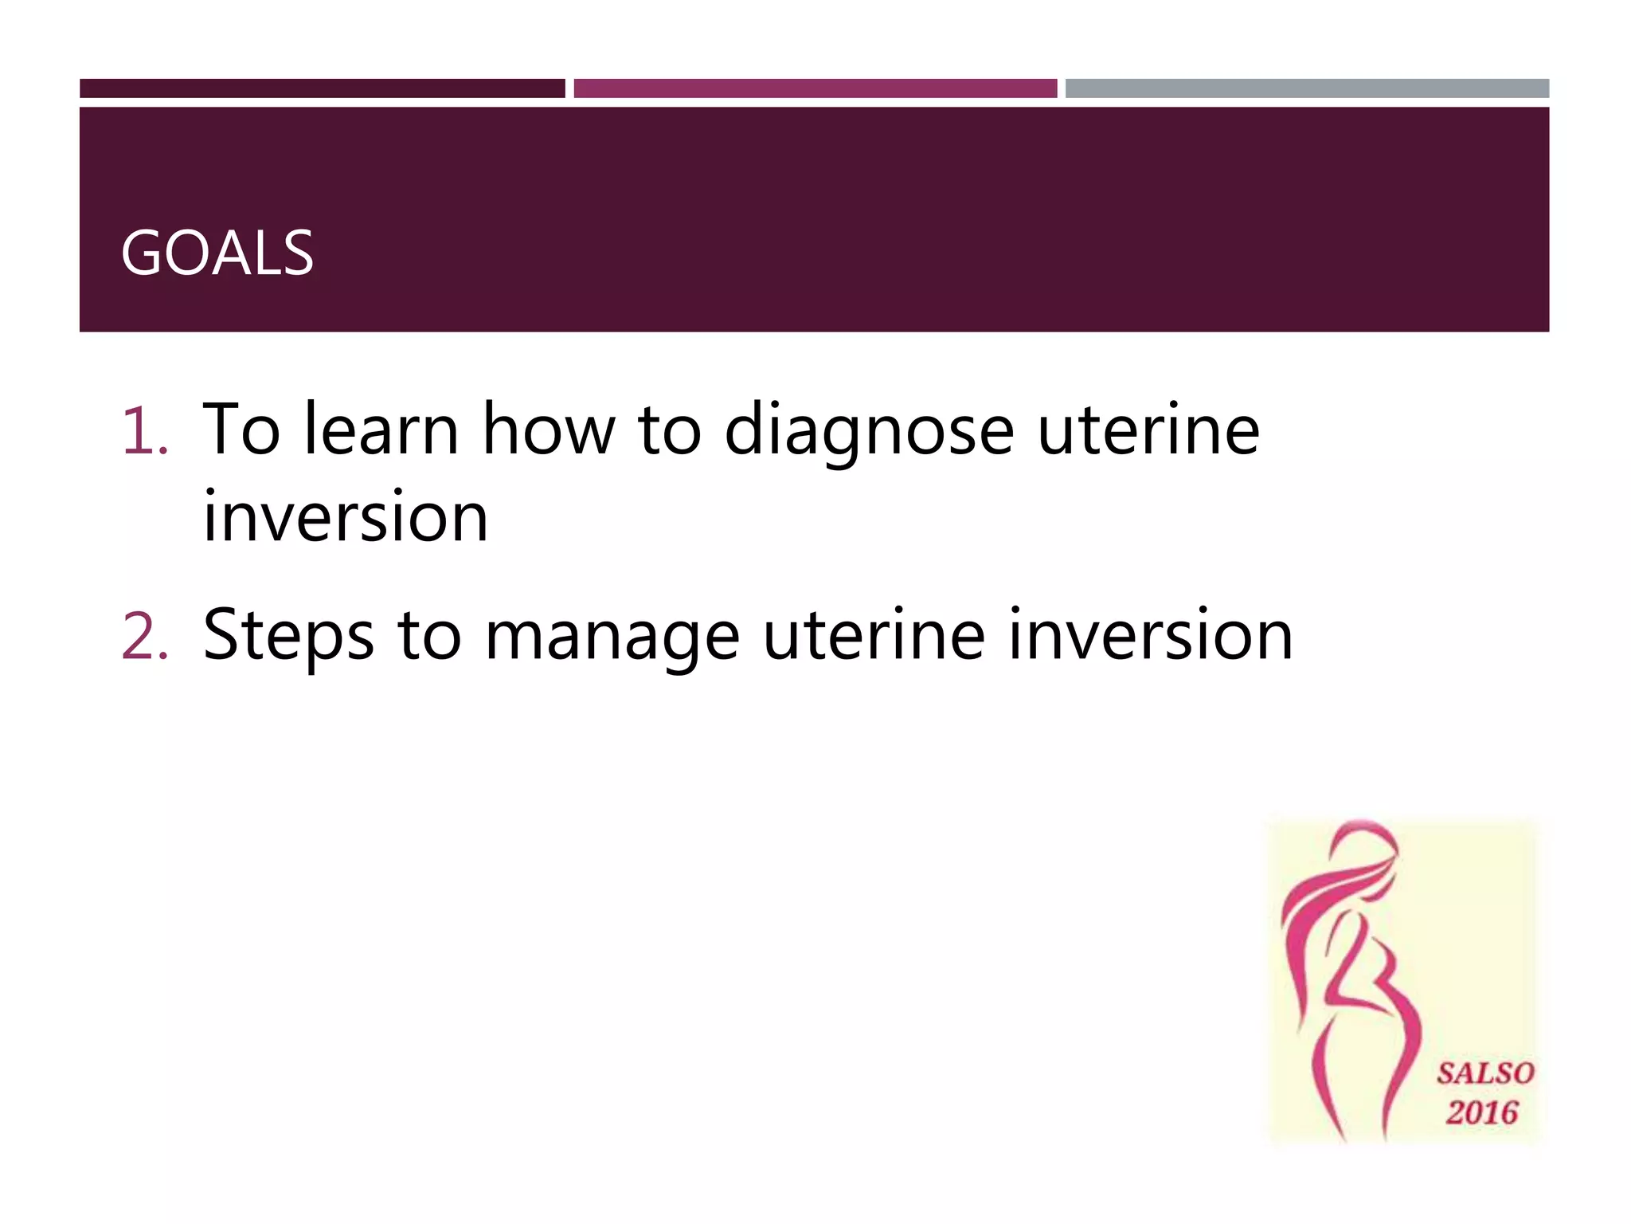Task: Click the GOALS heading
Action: pyautogui.click(x=217, y=253)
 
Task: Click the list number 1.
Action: pyautogui.click(x=143, y=431)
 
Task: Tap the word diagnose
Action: pyautogui.click(x=868, y=431)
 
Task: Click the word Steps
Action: pyautogui.click(x=288, y=636)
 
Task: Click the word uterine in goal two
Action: pyautogui.click(x=874, y=635)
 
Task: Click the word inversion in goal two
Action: pyautogui.click(x=1150, y=635)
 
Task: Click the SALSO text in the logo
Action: pyautogui.click(x=1484, y=1073)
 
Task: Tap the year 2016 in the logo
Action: pyautogui.click(x=1482, y=1112)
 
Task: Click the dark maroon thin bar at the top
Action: pyautogui.click(x=322, y=88)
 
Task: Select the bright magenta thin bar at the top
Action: pyautogui.click(x=815, y=88)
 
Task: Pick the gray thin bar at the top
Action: pyautogui.click(x=1306, y=88)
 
